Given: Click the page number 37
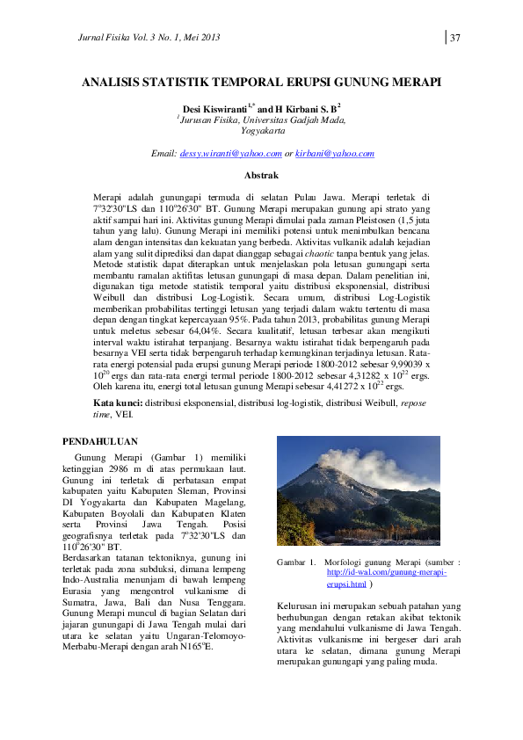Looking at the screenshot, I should pos(457,37).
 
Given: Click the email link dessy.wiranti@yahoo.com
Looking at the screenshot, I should pos(226,154).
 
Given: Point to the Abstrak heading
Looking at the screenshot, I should pos(260,176).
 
